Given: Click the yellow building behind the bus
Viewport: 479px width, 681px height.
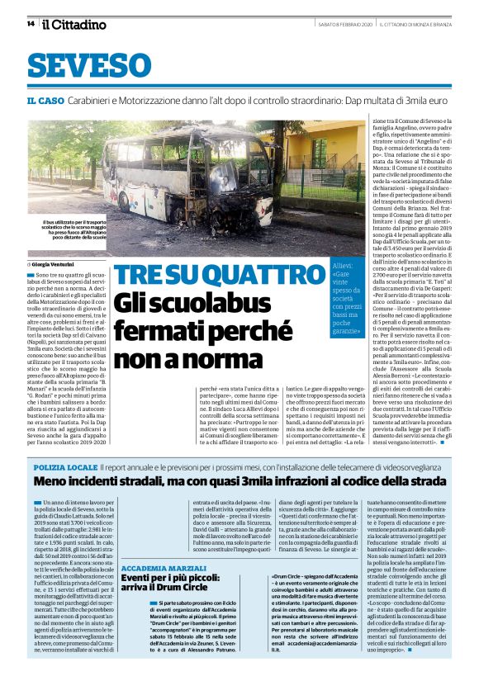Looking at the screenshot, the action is [x=322, y=149].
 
